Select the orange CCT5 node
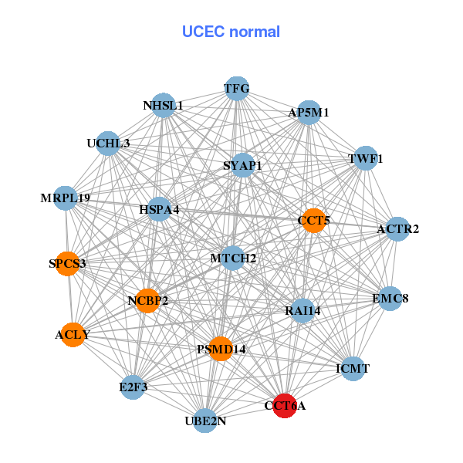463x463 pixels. [313, 221]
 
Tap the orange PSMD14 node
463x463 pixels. [221, 350]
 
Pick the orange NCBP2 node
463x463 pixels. [147, 300]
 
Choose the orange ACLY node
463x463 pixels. [73, 335]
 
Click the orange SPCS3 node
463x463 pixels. [68, 264]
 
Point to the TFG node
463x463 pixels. [237, 89]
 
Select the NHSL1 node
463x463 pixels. [164, 106]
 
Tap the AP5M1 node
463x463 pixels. [309, 113]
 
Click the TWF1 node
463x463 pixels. [365, 159]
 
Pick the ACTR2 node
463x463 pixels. [397, 229]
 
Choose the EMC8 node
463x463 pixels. [390, 298]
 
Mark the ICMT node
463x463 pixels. [353, 369]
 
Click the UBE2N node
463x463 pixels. [204, 421]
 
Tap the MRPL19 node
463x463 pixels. [66, 198]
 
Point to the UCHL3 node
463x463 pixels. [109, 144]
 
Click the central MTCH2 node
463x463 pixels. [233, 258]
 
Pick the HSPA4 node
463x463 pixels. [159, 209]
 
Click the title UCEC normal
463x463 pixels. [231, 32]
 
